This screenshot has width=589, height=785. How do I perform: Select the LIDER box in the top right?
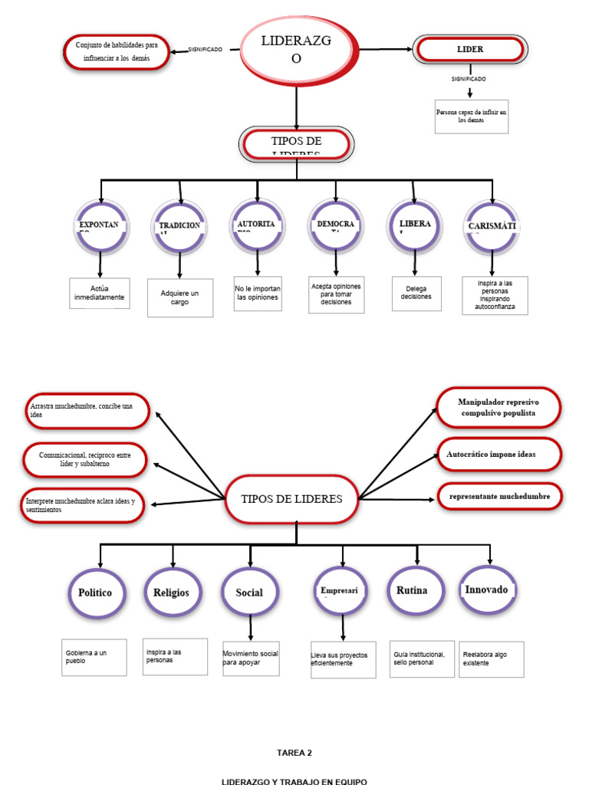point(470,49)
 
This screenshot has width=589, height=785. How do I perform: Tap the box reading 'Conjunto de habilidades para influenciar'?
point(117,51)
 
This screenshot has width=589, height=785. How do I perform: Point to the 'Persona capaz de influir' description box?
point(472,116)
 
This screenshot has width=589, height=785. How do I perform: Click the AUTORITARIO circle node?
point(256,227)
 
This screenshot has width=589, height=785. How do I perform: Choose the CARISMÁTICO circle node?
point(492,227)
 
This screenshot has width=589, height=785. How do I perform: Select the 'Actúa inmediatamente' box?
point(100,293)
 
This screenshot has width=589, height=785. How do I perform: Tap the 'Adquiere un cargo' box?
point(180,297)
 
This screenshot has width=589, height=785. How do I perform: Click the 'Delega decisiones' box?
point(416,293)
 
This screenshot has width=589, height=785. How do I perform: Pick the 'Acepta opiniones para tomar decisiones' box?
point(336,294)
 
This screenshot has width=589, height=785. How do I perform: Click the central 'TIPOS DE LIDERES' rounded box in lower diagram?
point(292,499)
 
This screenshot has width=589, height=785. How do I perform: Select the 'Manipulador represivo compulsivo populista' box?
point(499,407)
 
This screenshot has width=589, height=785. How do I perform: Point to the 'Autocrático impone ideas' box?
point(499,454)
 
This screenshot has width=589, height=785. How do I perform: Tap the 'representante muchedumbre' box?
point(499,496)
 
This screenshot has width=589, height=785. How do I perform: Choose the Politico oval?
point(95,593)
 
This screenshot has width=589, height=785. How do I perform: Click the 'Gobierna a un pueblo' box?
point(94,657)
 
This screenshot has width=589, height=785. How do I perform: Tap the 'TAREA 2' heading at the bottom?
point(294,753)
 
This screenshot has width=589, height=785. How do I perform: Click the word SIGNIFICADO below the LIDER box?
point(468,79)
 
